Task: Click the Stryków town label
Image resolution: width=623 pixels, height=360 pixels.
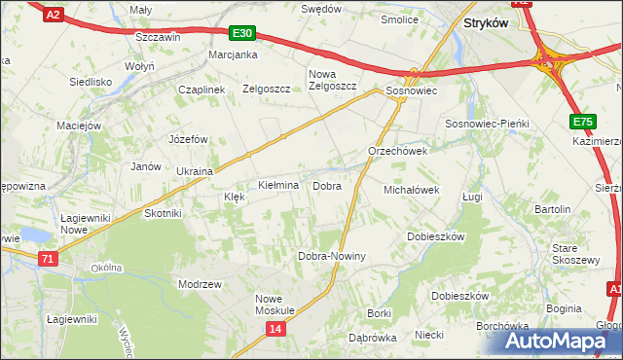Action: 486,23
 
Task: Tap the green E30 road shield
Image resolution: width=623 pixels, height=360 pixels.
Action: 243,33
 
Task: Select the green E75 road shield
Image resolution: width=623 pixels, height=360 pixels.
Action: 582,121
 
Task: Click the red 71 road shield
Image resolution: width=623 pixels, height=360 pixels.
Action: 48,259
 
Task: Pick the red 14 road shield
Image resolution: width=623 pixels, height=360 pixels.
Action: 275,331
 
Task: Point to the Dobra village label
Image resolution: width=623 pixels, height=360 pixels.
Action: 326,185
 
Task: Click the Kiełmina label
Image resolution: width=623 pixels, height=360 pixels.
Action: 277,185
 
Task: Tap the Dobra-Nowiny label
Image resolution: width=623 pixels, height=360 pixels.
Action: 331,256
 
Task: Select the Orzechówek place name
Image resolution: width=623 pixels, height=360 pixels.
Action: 398,152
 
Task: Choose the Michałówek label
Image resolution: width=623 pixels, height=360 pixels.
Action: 413,190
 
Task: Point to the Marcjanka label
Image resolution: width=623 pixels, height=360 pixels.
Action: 233,54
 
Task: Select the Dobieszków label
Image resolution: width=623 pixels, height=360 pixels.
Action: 436,236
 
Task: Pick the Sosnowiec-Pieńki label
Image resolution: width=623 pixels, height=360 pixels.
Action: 486,125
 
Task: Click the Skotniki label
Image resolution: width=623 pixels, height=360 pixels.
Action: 163,213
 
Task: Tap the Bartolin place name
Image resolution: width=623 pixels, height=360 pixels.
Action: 552,209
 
